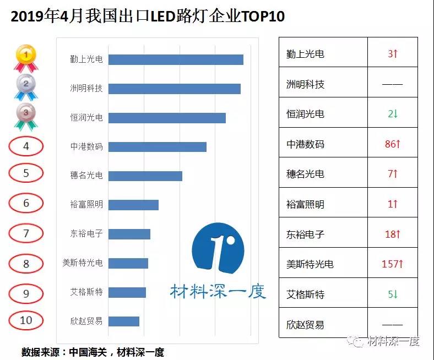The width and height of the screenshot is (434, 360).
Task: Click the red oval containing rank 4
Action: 26,146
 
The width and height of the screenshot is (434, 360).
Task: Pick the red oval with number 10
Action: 26,320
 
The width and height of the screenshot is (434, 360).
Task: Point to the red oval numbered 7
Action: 26,233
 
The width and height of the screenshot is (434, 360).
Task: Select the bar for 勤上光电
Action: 176,60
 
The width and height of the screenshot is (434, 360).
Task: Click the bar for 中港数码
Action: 157,147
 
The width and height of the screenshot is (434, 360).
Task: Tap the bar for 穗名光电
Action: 145,176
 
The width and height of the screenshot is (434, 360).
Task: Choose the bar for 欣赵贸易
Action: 123,321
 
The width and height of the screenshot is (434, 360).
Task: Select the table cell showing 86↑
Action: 392,144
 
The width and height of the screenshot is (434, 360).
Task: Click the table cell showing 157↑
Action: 392,264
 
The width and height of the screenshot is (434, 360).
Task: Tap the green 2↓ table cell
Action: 392,114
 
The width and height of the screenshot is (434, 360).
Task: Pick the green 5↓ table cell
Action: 392,294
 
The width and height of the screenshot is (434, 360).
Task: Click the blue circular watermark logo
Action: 218,250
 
